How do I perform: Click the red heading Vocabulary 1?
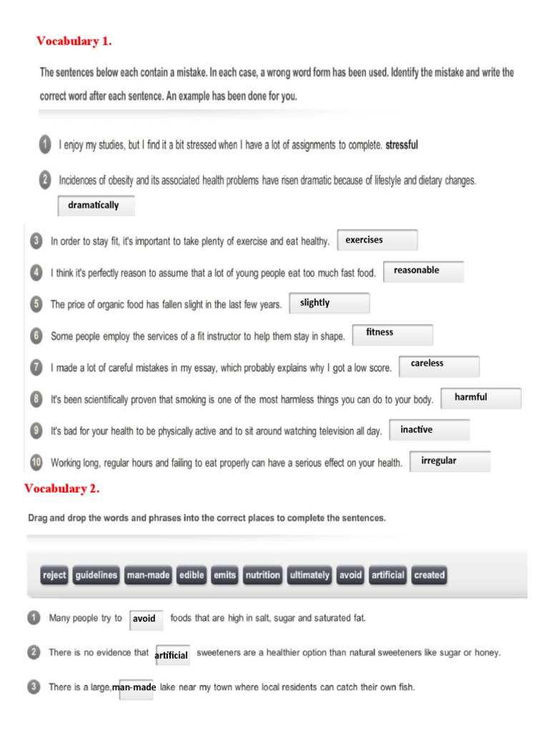tap(74, 41)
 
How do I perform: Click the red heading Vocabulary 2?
tap(62, 488)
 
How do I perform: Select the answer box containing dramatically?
tap(95, 206)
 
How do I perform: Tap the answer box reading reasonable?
tap(424, 271)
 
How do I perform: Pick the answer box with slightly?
tap(330, 303)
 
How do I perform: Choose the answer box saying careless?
tap(439, 365)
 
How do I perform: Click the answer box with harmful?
tap(481, 398)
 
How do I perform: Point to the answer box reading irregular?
tap(450, 461)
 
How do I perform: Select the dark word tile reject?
tap(54, 575)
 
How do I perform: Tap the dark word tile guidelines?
tap(96, 575)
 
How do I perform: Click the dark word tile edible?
tap(192, 575)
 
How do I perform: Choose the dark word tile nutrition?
tap(262, 575)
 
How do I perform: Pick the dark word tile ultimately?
tap(310, 575)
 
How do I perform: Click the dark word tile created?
tap(429, 575)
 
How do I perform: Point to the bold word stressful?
tap(402, 145)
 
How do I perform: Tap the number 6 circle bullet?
tap(36, 336)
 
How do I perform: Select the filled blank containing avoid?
tap(147, 620)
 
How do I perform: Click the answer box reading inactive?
tap(429, 430)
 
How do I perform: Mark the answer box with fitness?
tap(392, 334)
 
